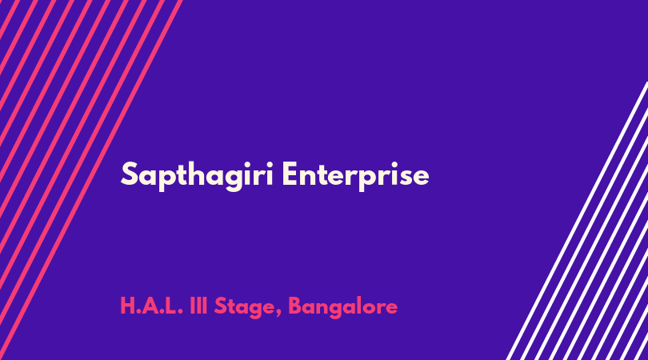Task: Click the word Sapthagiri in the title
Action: tap(197, 176)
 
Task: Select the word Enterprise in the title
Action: tap(355, 176)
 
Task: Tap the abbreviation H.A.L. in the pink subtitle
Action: tap(151, 306)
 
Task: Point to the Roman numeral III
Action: tap(198, 306)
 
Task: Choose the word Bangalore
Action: tap(342, 308)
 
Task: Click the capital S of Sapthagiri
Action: tap(129, 174)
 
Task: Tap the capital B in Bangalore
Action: tap(295, 306)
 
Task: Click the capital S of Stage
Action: tap(220, 306)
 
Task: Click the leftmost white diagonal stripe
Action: tap(578, 221)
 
